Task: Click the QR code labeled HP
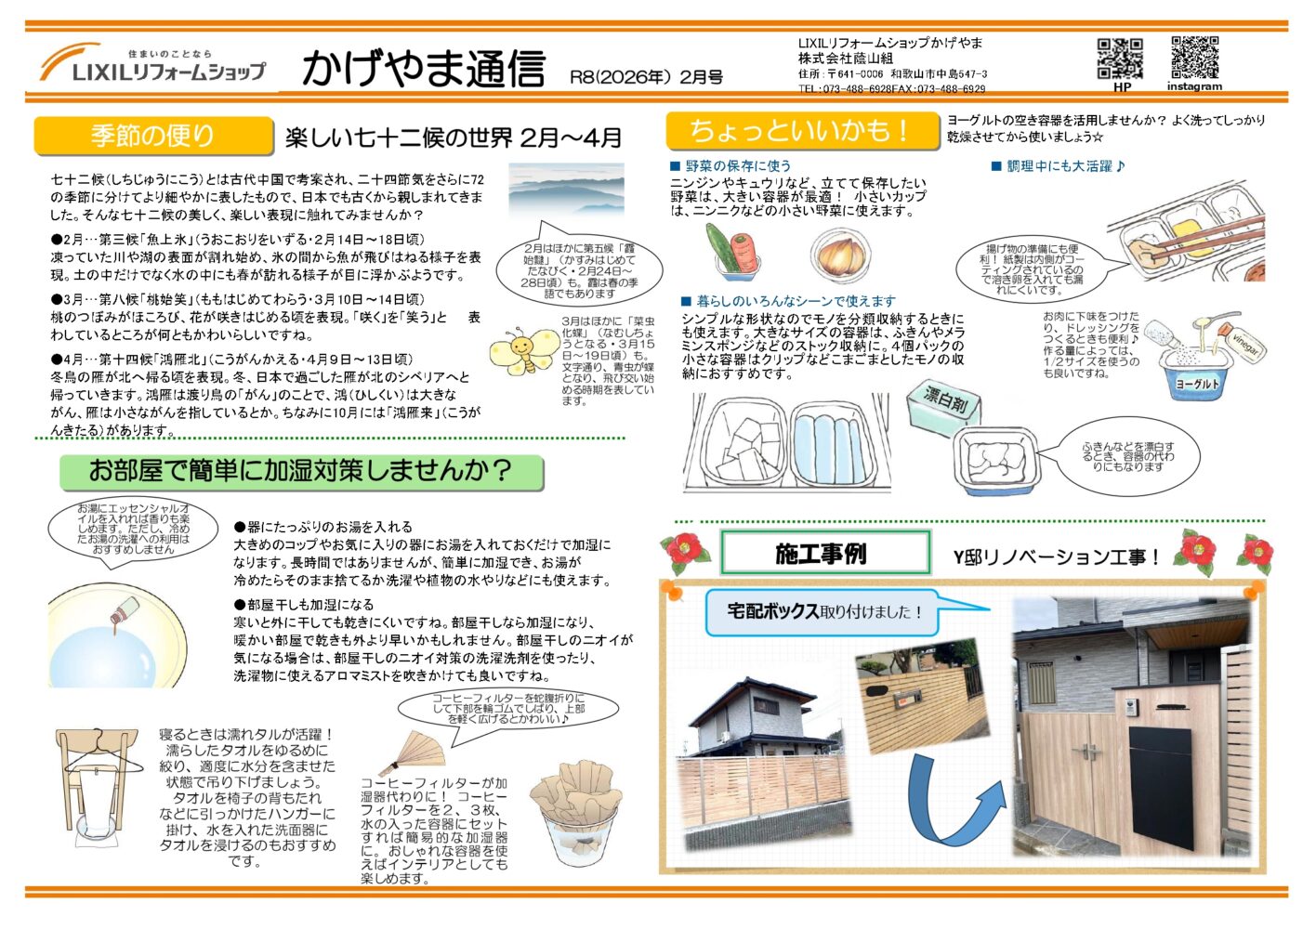[x=1120, y=59]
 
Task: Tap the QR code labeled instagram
[x=1194, y=58]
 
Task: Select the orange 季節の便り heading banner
[x=153, y=136]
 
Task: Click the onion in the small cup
[x=840, y=252]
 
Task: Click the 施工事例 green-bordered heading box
[x=824, y=555]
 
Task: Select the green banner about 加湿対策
[x=301, y=471]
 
